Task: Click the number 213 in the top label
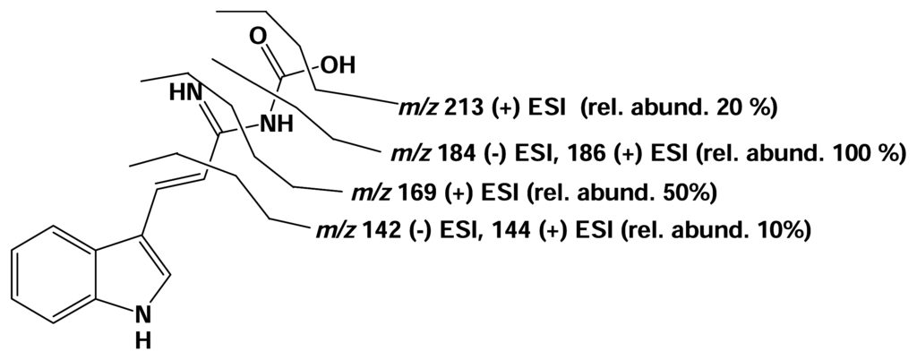click(458, 109)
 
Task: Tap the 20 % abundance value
click(740, 109)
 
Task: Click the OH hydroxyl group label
click(339, 65)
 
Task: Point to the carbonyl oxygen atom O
click(259, 38)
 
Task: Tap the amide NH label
click(277, 124)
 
